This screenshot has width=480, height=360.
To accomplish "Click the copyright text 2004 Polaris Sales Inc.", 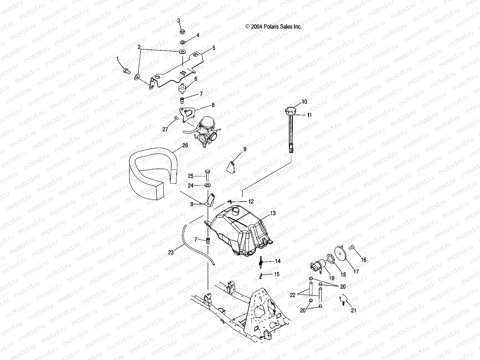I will pyautogui.click(x=273, y=27).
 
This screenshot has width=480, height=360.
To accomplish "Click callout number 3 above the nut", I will pyautogui.click(x=178, y=20).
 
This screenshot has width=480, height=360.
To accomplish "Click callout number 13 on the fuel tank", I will pyautogui.click(x=273, y=213).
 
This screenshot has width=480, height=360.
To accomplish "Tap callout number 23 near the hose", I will pyautogui.click(x=171, y=253).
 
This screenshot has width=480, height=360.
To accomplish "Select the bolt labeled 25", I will pyautogui.click(x=207, y=175).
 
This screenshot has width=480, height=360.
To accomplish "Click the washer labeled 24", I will pyautogui.click(x=207, y=185).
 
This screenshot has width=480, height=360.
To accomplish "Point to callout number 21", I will pyautogui.click(x=353, y=310).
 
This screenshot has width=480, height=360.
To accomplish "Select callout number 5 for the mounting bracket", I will pyautogui.click(x=214, y=48).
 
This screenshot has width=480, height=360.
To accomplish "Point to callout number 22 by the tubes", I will pyautogui.click(x=293, y=295).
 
